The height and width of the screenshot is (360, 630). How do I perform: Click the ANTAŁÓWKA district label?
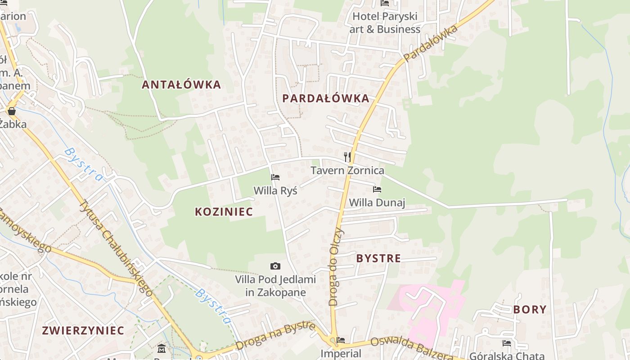181,85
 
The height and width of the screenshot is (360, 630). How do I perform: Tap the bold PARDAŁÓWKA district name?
326,99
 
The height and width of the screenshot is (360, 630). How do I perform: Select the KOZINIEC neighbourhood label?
224,211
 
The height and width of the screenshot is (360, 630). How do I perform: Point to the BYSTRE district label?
378,258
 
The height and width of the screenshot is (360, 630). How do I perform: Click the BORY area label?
530,310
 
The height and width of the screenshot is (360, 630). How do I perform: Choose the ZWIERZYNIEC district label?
83,330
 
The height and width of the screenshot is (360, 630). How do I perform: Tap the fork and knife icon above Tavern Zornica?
347,157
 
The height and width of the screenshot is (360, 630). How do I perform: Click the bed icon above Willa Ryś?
275,177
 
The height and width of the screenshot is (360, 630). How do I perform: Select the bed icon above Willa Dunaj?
377,189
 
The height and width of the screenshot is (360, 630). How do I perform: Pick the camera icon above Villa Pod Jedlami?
275,266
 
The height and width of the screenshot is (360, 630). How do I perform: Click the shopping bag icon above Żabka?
12,111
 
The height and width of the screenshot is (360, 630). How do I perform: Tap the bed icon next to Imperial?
341,340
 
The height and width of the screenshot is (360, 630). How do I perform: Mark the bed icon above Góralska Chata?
507,343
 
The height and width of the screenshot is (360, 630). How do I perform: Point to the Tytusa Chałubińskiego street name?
116,247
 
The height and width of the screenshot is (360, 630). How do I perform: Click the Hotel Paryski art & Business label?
386,23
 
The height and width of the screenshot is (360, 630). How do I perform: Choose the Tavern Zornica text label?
347,171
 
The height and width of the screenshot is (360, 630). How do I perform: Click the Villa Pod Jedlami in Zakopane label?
275,286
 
